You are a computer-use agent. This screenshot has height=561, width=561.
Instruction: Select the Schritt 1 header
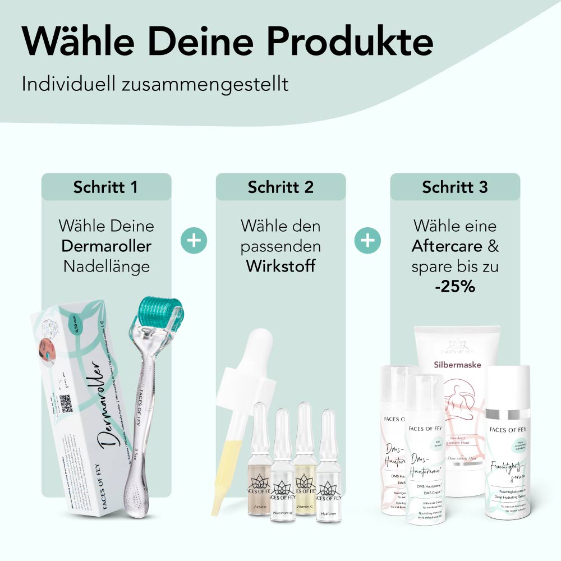click(x=105, y=187)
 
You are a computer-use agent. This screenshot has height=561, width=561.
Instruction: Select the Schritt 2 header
click(x=280, y=187)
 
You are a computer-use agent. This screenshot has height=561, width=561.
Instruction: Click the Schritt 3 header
click(x=455, y=187)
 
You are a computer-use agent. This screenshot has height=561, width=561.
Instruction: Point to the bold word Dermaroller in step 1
click(x=106, y=246)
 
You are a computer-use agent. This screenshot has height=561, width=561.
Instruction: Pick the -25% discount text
click(x=455, y=286)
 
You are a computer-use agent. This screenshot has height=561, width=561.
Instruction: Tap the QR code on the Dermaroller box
click(x=67, y=403)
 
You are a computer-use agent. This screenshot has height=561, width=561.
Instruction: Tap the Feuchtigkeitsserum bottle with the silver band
click(x=508, y=443)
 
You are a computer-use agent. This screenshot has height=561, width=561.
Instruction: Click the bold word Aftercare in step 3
click(x=447, y=246)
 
